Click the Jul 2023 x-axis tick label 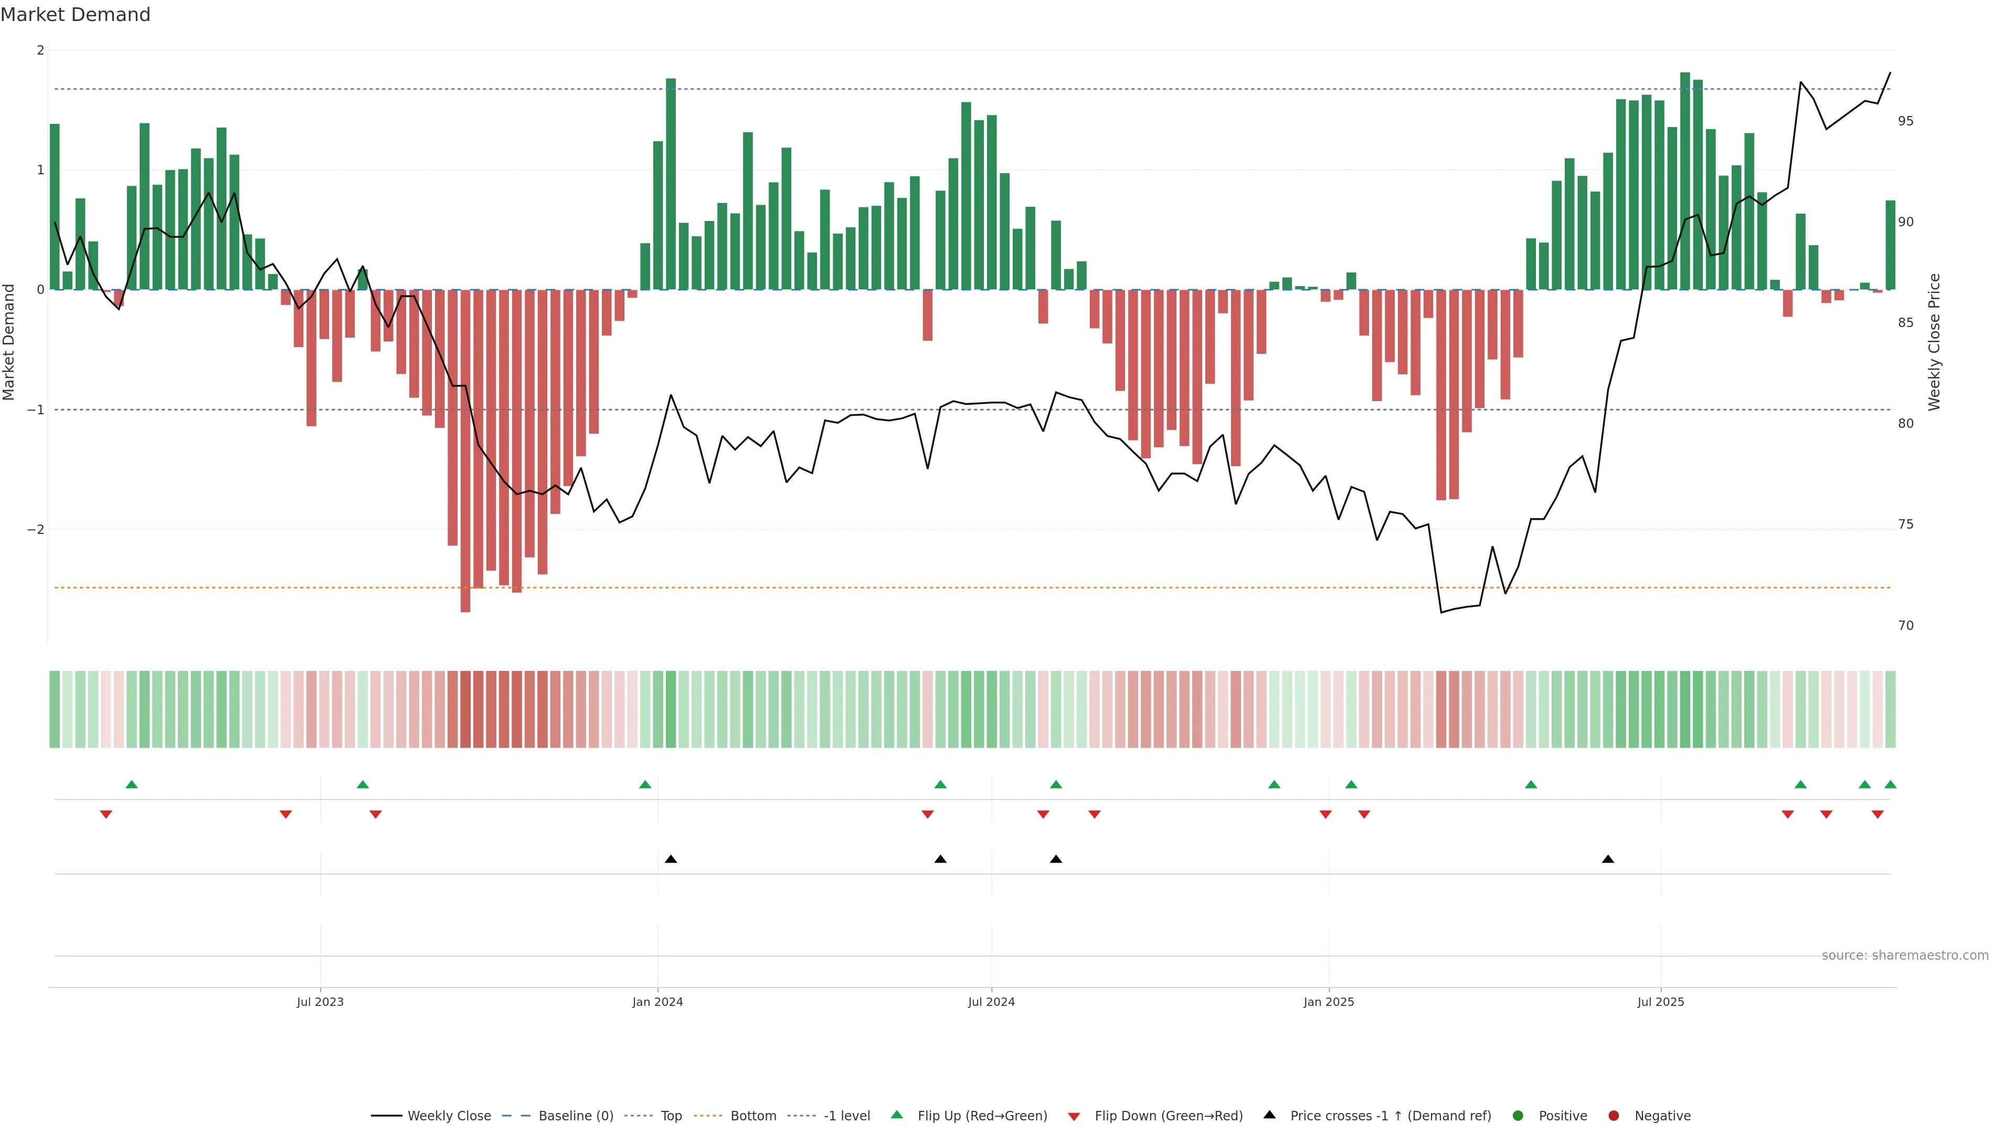coord(320,1002)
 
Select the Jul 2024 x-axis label coord(991,1002)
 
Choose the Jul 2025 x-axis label coord(1661,1002)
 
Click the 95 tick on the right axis coord(1905,121)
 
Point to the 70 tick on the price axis coord(1905,625)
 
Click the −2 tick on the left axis coord(36,530)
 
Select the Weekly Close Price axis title coord(1934,342)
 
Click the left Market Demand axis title coord(9,342)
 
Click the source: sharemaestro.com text coord(1905,955)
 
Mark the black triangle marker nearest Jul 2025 coord(1608,859)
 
